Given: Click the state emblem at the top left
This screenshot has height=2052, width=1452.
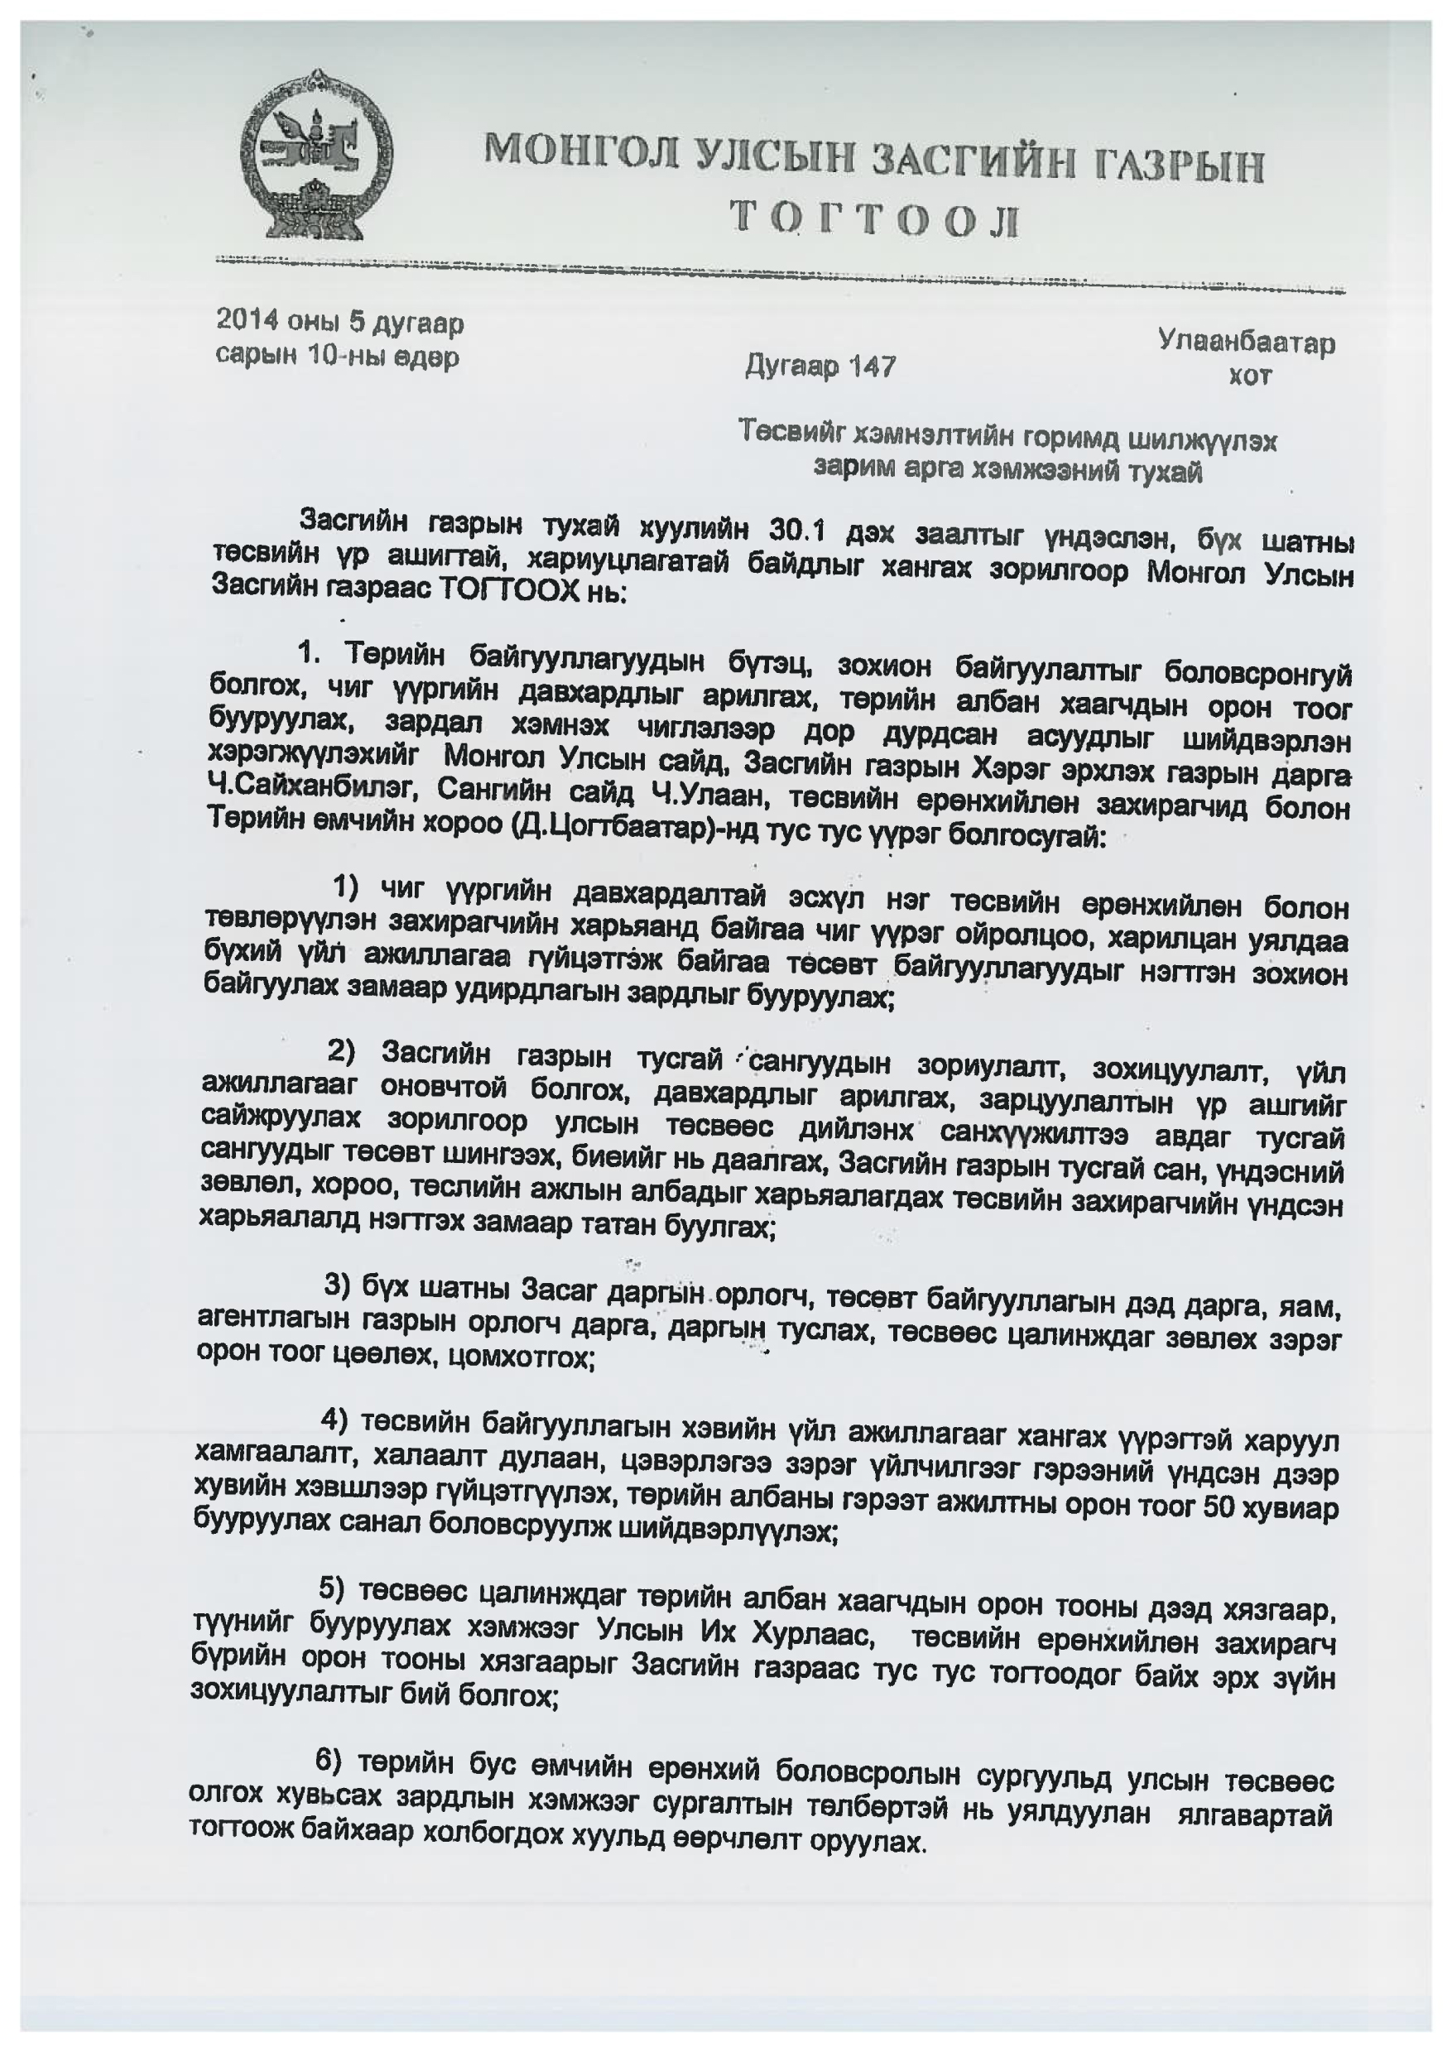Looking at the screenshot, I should coord(318,153).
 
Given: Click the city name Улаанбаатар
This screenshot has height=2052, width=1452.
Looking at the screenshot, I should coord(1247,342).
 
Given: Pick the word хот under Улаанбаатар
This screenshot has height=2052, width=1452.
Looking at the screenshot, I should coord(1249,376).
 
